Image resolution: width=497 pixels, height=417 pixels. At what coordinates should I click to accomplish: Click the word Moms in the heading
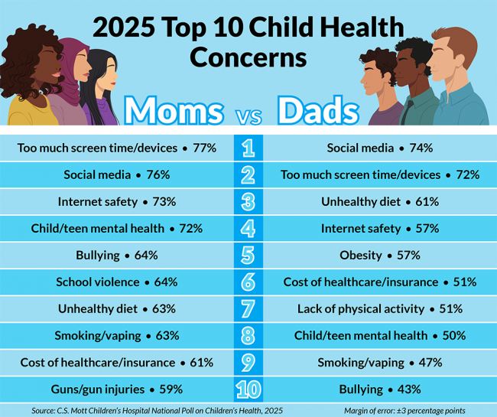[x=175, y=111]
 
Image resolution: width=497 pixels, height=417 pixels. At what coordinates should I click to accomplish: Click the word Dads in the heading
[x=318, y=111]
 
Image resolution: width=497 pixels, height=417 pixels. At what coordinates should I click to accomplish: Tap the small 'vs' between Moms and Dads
[x=248, y=116]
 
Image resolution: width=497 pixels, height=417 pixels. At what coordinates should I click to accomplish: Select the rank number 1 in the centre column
[x=248, y=148]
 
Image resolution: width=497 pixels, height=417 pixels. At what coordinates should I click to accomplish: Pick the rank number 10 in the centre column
[x=248, y=389]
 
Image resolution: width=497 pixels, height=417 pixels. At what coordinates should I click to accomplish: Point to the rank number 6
[x=248, y=282]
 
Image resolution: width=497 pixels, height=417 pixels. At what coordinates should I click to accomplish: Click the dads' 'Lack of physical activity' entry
[x=360, y=308]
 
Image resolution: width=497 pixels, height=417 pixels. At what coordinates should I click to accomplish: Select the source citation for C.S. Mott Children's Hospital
[x=157, y=411]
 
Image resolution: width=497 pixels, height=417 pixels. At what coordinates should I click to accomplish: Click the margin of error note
[x=404, y=411]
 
